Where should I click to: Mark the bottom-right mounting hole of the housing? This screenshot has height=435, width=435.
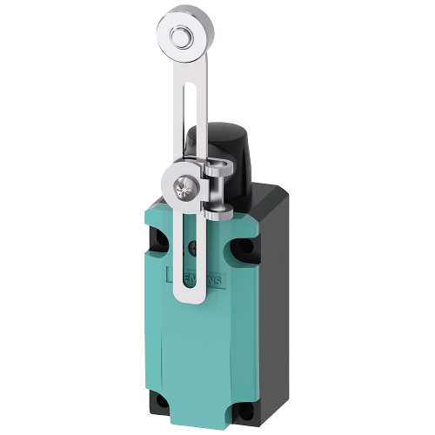244,405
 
